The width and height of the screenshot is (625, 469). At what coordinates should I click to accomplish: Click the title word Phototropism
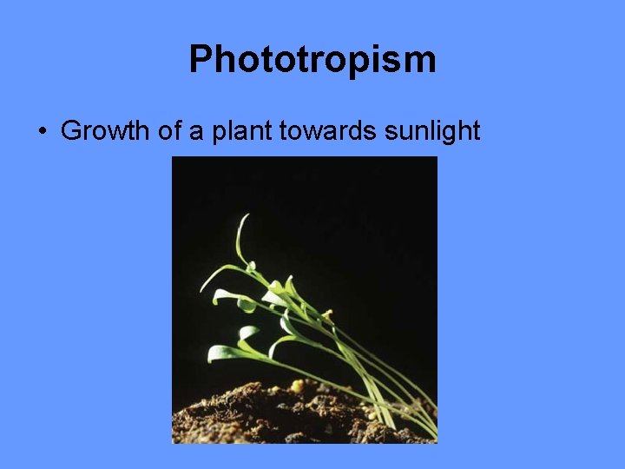[x=312, y=60]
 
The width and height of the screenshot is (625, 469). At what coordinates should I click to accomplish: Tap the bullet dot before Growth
[x=42, y=132]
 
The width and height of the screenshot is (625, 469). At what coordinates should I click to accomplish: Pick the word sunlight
[x=434, y=131]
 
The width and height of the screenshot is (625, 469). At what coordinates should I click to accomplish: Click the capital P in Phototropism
[x=201, y=60]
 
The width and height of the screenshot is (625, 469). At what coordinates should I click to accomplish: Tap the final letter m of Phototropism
[x=420, y=60]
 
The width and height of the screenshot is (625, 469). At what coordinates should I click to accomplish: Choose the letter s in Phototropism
[x=390, y=60]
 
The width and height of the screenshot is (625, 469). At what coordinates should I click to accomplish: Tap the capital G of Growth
[x=71, y=131]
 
